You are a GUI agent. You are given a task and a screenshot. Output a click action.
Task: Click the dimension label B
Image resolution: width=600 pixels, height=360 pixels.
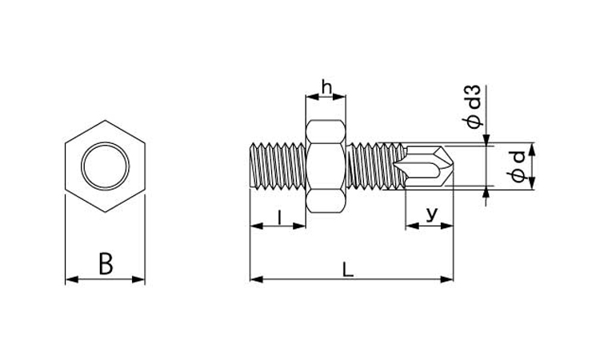106,263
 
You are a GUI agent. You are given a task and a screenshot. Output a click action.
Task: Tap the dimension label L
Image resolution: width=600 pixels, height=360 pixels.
347,270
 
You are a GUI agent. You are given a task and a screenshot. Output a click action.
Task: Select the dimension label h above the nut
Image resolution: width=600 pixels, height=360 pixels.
326,87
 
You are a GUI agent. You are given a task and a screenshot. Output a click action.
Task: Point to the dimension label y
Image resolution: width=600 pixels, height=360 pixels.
432,214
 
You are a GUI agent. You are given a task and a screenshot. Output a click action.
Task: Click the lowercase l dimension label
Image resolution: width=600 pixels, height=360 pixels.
280,218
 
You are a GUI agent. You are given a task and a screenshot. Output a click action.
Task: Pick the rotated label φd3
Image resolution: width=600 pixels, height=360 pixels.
473,106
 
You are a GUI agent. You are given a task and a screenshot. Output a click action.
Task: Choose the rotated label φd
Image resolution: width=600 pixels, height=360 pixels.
518,167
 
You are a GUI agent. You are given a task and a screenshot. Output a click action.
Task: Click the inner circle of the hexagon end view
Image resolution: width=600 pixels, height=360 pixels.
106,166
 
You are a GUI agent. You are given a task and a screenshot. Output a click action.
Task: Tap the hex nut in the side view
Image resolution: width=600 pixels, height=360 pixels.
326,166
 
